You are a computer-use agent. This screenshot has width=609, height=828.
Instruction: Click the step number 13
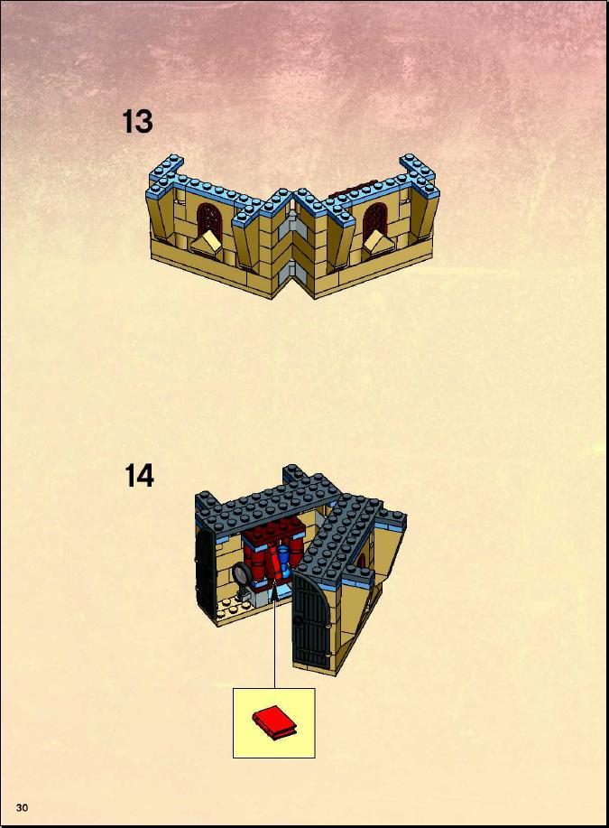[138, 122]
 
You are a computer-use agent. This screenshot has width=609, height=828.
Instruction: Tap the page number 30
[23, 807]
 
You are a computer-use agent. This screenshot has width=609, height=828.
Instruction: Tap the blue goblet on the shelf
[284, 561]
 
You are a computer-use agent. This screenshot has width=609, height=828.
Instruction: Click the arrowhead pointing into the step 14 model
[274, 596]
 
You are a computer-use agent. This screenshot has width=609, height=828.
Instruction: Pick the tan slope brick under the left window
[207, 244]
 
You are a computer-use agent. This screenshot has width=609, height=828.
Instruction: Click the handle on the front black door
[299, 620]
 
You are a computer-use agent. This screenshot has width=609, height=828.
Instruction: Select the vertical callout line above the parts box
[274, 645]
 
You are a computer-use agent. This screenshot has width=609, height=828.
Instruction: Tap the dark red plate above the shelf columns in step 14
[272, 531]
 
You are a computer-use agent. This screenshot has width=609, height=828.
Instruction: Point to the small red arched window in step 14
[362, 560]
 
